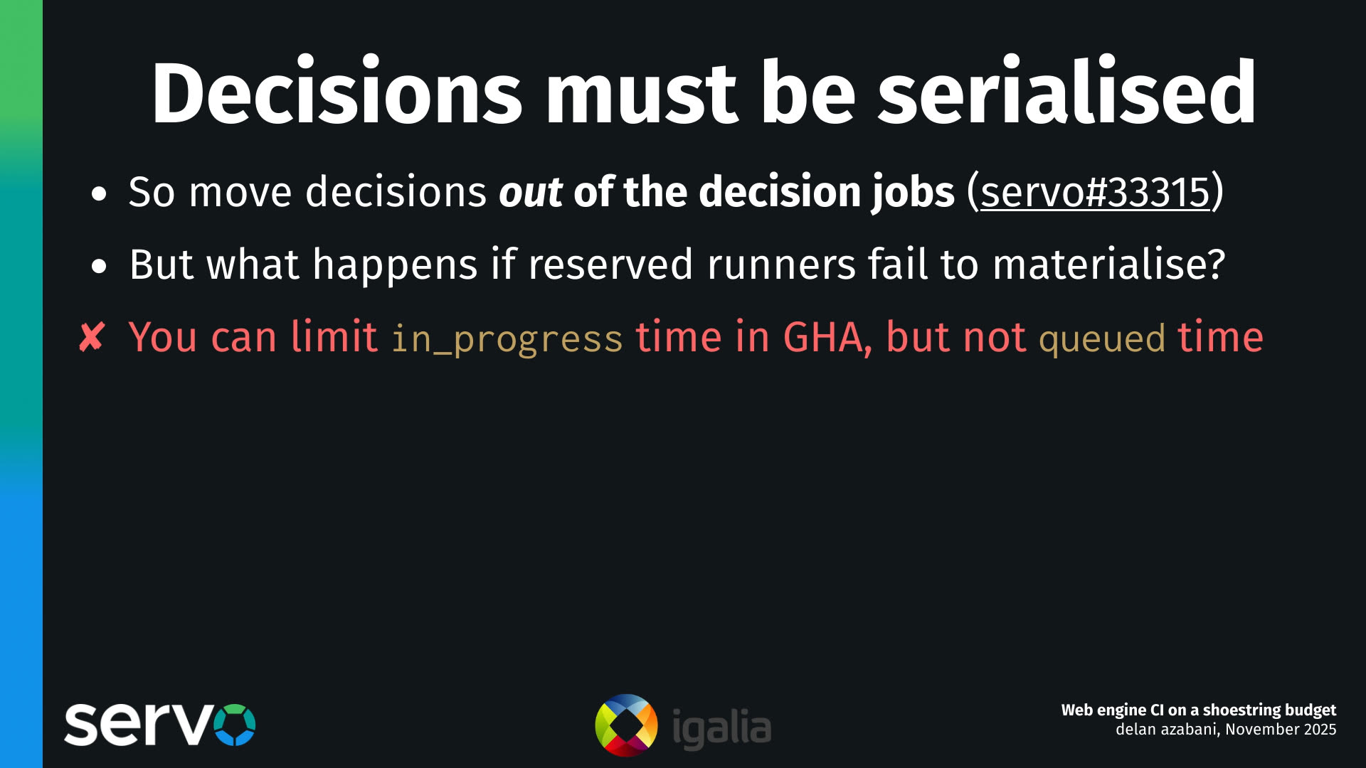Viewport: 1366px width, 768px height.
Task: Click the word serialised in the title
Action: click(1067, 93)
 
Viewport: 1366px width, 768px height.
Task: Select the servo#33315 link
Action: click(1095, 192)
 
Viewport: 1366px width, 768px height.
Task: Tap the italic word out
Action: click(531, 192)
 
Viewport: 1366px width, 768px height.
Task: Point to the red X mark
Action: click(92, 337)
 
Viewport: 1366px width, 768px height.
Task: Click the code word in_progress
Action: click(507, 338)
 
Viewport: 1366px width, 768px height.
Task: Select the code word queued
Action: click(1102, 338)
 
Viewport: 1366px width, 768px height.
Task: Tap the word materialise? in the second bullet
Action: click(1108, 265)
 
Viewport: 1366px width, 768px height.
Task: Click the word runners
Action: click(780, 265)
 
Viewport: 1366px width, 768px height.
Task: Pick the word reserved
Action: click(610, 265)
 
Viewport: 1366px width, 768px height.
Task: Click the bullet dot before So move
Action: click(99, 193)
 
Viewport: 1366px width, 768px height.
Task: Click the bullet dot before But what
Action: click(99, 267)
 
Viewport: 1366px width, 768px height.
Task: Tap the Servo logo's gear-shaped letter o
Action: click(234, 725)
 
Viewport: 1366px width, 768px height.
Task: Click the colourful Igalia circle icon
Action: click(626, 725)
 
